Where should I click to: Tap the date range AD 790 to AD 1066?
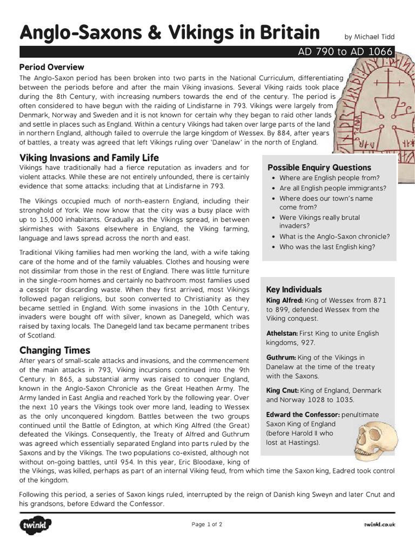346,52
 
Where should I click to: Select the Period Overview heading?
52,67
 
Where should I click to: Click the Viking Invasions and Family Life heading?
89,158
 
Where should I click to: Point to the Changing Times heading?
55,350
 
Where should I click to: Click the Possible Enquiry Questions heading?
319,167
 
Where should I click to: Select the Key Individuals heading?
294,289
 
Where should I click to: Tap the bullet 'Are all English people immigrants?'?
332,188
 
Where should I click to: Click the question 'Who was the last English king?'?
327,247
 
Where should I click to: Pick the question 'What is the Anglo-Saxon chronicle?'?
334,236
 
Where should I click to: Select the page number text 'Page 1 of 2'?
207,524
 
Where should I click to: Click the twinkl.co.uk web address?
379,524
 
